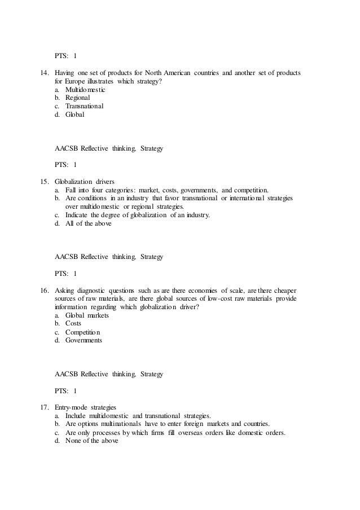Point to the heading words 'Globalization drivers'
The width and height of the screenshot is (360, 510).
pos(85,182)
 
